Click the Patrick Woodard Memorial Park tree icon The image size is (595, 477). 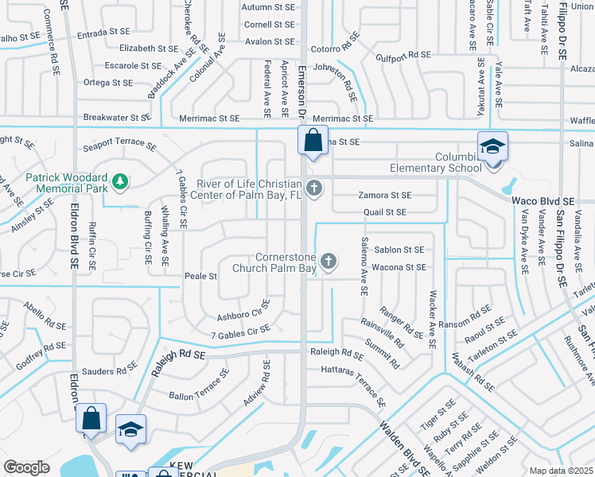pos(120,182)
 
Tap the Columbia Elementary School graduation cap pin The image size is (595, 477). pos(493,147)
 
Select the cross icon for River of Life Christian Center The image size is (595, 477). pos(314,188)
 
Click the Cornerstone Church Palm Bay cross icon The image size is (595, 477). pos(327,261)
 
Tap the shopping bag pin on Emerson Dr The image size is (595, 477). pos(313,142)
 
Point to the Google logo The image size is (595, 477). pos(26,467)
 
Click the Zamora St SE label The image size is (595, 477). pos(384,195)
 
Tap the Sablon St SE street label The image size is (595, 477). pos(399,250)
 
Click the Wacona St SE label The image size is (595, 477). pos(399,267)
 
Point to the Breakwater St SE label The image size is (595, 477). pos(117,118)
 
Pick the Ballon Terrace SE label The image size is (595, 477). pos(199,383)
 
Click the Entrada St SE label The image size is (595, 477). pos(103,33)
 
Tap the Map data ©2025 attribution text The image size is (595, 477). pos(562,471)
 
